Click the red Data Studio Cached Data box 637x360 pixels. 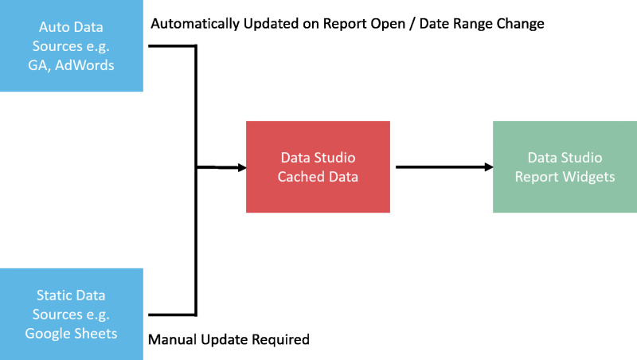318,166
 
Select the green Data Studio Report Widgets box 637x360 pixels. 565,166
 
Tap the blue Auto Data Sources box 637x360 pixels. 72,45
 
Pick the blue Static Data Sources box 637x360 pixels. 72,314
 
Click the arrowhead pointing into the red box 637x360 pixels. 238,167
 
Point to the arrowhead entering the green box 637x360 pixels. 485,167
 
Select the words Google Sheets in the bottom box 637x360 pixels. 71,333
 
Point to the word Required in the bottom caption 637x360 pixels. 280,340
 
